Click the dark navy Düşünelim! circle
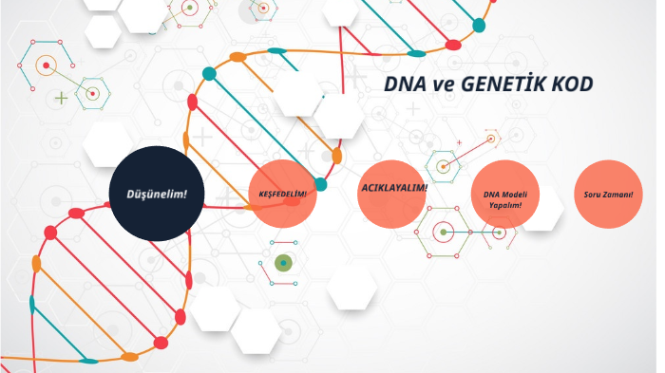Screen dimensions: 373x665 coord(158,194)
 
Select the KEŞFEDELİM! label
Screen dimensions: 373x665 coord(283,194)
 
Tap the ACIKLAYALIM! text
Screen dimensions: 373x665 coord(394,187)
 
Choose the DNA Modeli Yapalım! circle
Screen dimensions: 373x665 coord(504,199)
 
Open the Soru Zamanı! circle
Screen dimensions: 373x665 coord(609,196)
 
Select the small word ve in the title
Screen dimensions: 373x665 coord(443,85)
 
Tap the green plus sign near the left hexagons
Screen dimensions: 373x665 coord(62,97)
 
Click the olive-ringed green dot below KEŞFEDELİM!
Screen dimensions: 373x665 coord(282,262)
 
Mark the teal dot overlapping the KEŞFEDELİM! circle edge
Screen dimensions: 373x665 coord(320,184)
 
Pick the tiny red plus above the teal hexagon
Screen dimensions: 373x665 coord(459,142)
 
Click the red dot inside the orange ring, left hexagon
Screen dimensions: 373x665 coord(45,65)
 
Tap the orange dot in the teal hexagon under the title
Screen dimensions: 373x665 coord(443,165)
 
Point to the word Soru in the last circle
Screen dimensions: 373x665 coord(594,196)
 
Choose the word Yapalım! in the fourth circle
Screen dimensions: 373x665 coord(504,205)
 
